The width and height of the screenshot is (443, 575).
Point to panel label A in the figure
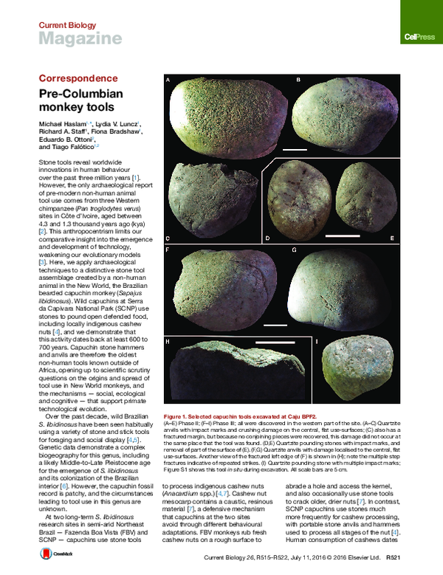[168, 79]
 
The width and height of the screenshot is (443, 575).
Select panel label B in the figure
[298, 78]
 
